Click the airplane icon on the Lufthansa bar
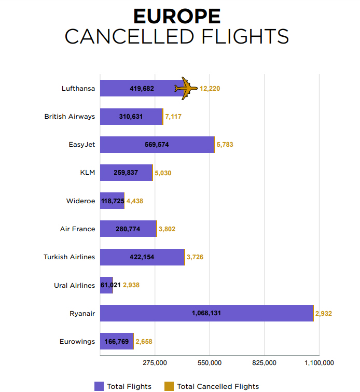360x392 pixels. (186, 88)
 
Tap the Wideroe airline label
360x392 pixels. (80, 201)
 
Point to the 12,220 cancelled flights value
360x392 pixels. (210, 89)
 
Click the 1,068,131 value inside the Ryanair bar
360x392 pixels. (206, 313)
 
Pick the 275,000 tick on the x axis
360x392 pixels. (155, 362)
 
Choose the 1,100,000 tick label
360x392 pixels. (319, 362)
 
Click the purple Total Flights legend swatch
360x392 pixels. (99, 386)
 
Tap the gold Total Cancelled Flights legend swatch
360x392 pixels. (169, 386)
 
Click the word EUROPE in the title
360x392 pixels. (177, 17)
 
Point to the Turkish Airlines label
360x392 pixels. (69, 257)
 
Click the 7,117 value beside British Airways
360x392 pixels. (173, 117)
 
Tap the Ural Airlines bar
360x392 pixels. (106, 285)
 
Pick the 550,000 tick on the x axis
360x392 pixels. (210, 362)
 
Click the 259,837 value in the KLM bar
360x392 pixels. (126, 173)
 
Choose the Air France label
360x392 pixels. (77, 229)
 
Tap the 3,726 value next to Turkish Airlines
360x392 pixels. (195, 257)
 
